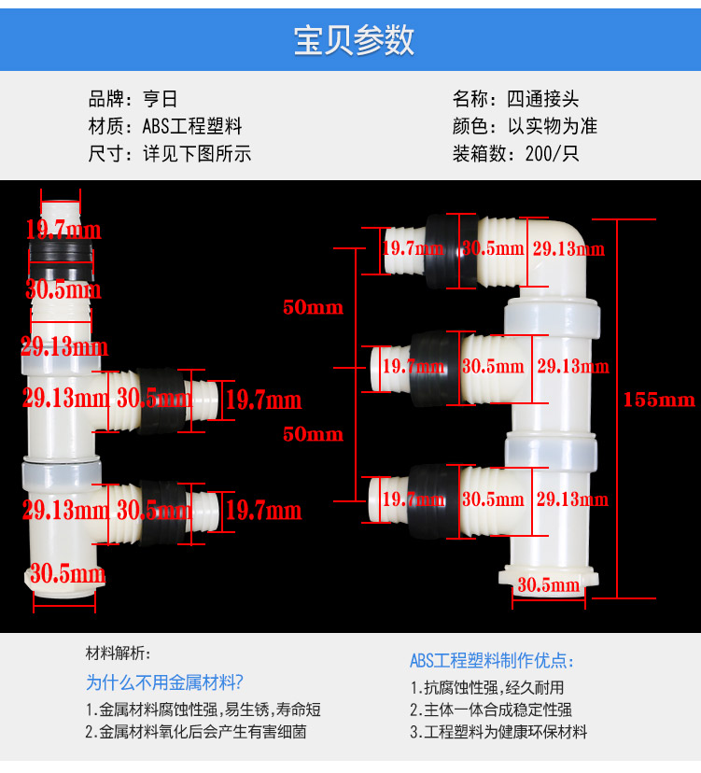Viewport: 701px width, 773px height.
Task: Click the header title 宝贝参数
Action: (x=354, y=42)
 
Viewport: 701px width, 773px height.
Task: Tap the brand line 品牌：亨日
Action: (x=133, y=99)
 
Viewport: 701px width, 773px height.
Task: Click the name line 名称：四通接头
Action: (x=515, y=99)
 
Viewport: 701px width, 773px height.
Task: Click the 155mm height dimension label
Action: (x=659, y=400)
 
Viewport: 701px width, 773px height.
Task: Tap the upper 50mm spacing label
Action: (x=313, y=307)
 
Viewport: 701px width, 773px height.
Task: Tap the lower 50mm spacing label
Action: (x=313, y=434)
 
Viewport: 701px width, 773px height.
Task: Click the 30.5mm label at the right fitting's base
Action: (x=549, y=585)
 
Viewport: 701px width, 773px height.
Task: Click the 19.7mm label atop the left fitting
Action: (x=63, y=230)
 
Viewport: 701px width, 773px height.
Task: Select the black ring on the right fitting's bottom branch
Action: (x=430, y=499)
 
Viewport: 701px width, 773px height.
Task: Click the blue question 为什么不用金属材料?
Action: (x=164, y=682)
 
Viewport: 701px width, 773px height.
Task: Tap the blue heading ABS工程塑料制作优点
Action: (x=492, y=661)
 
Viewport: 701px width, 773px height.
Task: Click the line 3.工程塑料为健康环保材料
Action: (x=498, y=732)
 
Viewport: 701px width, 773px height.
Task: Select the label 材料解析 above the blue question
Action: (x=118, y=653)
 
